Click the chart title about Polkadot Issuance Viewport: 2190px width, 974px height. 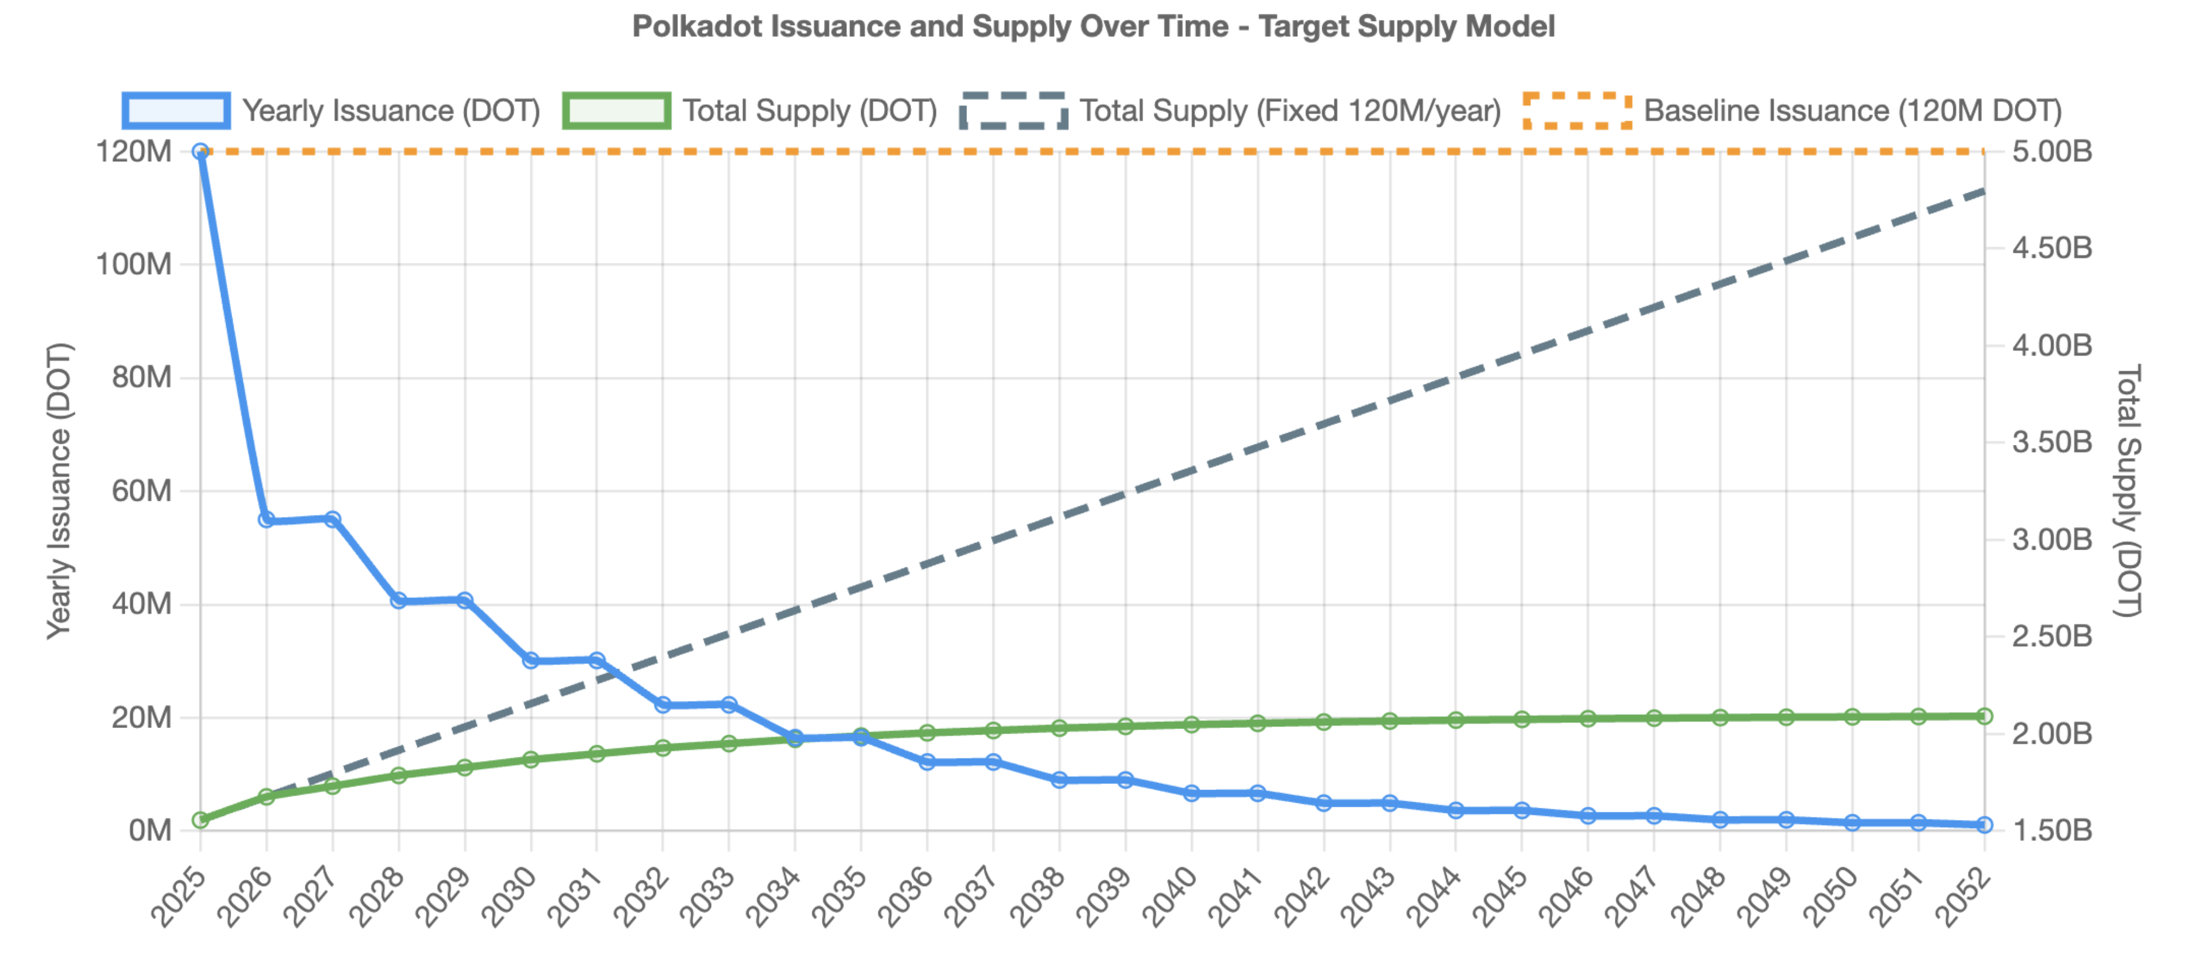[x=1093, y=27]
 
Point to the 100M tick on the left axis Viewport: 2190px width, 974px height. [x=134, y=264]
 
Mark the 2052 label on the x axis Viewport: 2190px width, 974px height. [x=1964, y=896]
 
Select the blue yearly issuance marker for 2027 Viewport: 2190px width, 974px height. [x=332, y=519]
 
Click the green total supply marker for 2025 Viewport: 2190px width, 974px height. [x=201, y=820]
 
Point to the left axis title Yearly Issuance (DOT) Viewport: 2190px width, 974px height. [x=59, y=491]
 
